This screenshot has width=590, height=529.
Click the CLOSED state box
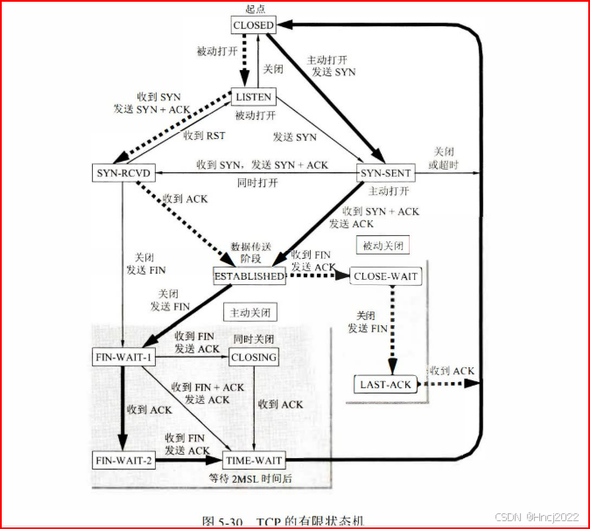click(254, 25)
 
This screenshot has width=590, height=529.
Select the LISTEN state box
click(252, 96)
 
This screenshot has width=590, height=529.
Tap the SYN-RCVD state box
click(123, 173)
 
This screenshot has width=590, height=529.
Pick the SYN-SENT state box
click(386, 173)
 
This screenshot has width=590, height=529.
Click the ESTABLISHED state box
click(249, 276)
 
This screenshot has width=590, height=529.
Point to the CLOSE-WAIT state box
click(385, 276)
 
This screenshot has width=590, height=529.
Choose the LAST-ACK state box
click(385, 384)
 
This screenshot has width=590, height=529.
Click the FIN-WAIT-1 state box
click(123, 357)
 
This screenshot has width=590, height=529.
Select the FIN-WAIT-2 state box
click(123, 460)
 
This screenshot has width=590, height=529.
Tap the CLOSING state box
click(254, 357)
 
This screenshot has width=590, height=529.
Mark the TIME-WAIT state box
click(254, 460)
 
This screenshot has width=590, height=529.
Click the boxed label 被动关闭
click(383, 246)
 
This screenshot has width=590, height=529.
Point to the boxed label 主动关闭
click(249, 312)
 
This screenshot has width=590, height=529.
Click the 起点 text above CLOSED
click(254, 8)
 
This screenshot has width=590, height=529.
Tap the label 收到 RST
click(204, 136)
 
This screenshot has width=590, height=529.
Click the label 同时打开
click(257, 183)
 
